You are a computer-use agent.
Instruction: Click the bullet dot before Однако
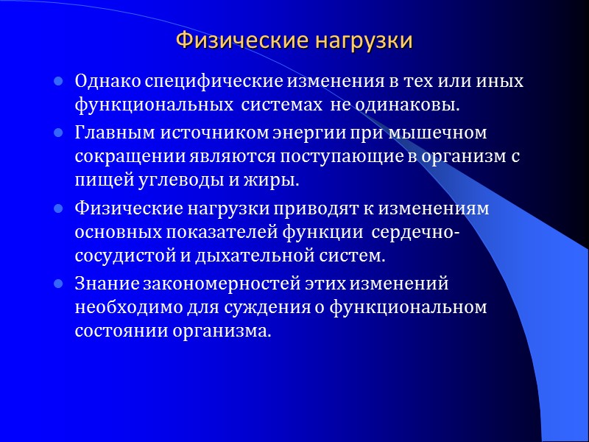click(x=57, y=81)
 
